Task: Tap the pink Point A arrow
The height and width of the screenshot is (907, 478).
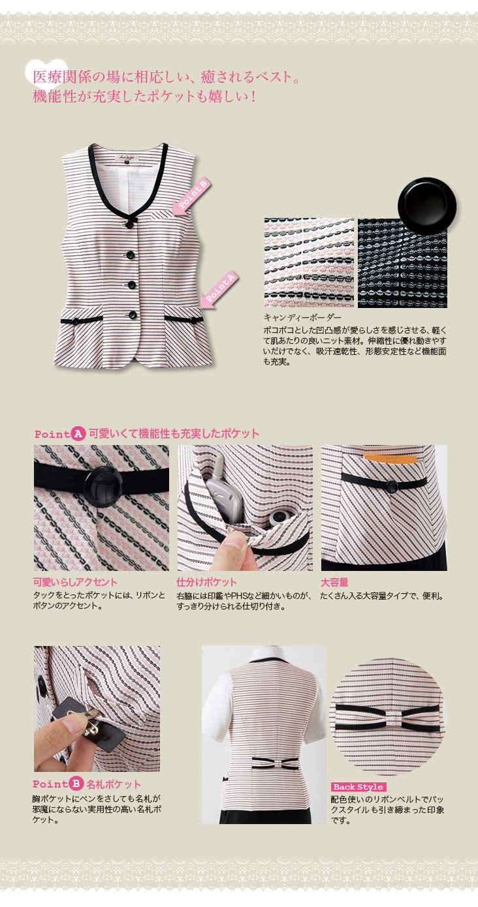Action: (x=219, y=290)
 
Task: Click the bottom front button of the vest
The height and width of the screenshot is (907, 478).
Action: (x=132, y=314)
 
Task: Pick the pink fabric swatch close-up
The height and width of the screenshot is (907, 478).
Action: (x=309, y=263)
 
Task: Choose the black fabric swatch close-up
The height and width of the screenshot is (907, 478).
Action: (x=402, y=263)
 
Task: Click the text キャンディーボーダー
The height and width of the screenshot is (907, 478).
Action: (x=302, y=317)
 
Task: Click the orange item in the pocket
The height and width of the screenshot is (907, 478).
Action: (x=390, y=458)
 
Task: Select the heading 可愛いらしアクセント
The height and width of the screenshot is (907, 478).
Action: (x=75, y=582)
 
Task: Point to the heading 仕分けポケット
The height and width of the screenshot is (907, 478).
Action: (x=206, y=582)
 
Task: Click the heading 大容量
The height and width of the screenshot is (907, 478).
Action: (x=334, y=582)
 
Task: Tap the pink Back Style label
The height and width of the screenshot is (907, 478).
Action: (x=358, y=786)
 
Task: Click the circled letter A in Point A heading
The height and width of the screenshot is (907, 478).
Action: (x=78, y=434)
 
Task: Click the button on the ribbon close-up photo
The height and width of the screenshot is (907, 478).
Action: (x=103, y=486)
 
